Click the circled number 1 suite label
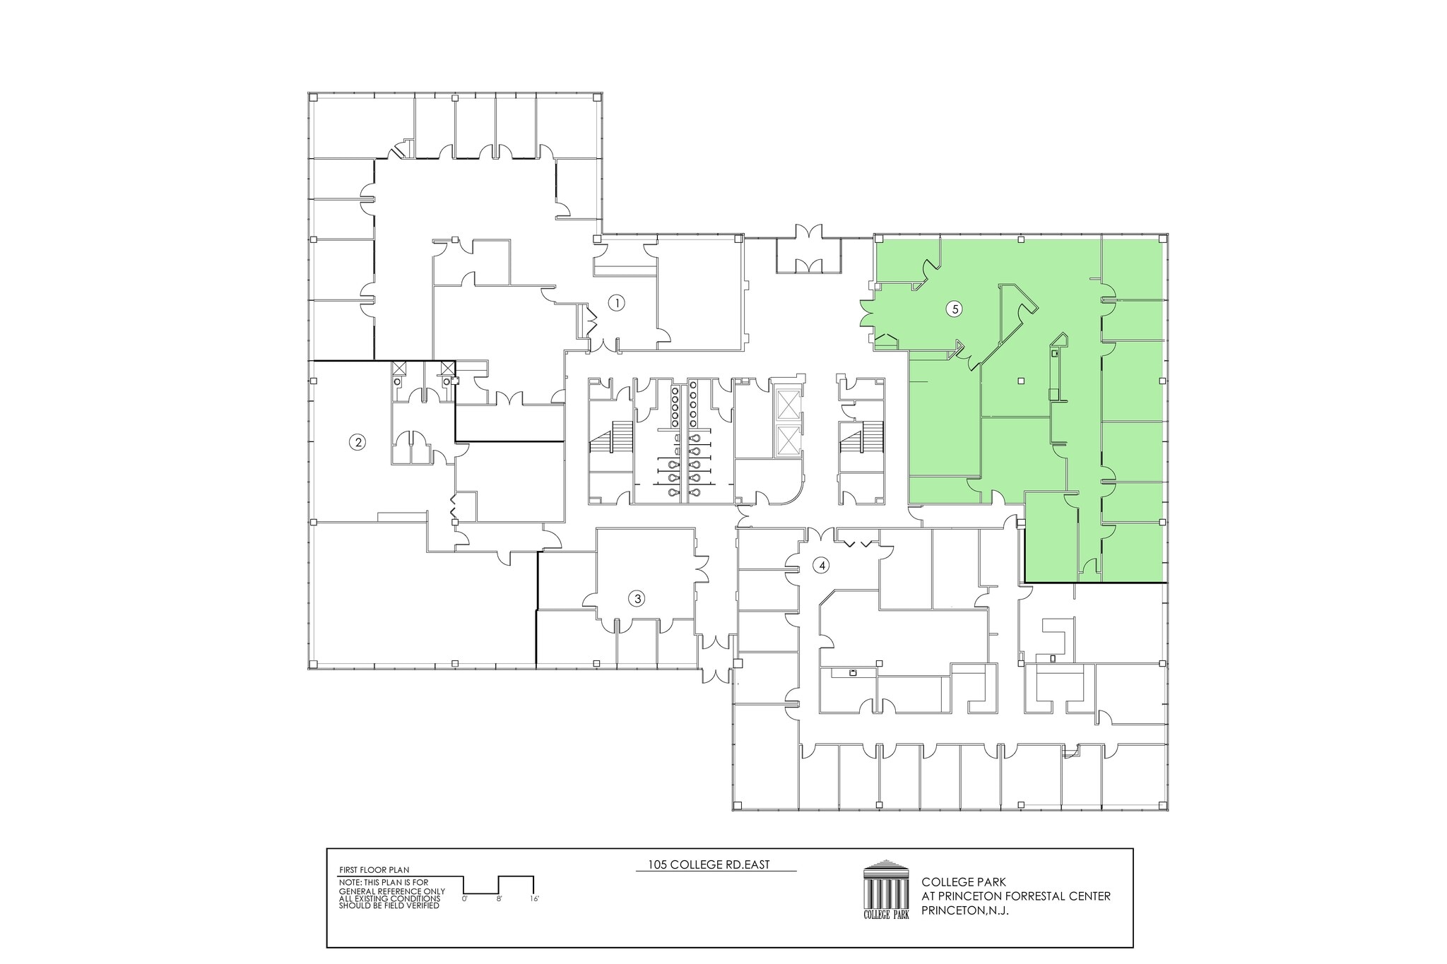pos(617,303)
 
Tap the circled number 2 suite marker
pos(358,443)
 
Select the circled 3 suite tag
pos(637,599)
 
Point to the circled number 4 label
pos(820,565)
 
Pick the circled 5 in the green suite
pos(955,309)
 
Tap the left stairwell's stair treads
pos(611,436)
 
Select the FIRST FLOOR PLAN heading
pos(374,870)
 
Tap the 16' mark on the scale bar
pos(534,899)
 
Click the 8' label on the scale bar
pos(499,899)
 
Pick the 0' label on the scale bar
pos(464,899)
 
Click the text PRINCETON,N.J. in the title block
pos(964,911)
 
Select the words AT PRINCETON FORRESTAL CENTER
pos(1016,896)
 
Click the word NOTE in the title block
pos(348,883)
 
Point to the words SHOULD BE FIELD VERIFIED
pos(389,906)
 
